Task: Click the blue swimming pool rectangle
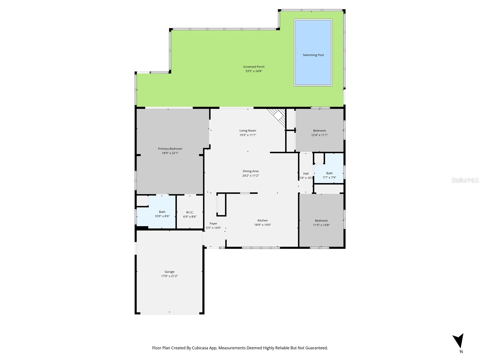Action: click(x=313, y=52)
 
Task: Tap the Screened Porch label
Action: click(x=253, y=67)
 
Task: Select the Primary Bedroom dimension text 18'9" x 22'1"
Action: click(x=170, y=153)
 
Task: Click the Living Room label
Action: click(x=247, y=130)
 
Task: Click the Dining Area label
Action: click(x=250, y=171)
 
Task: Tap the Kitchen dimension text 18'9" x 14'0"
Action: click(x=262, y=225)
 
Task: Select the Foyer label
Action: click(x=213, y=223)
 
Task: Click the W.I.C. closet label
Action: click(x=190, y=212)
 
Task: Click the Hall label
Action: click(x=306, y=173)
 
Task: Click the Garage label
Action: click(x=169, y=272)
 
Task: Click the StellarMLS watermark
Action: click(x=465, y=180)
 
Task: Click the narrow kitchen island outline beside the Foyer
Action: click(x=221, y=205)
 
